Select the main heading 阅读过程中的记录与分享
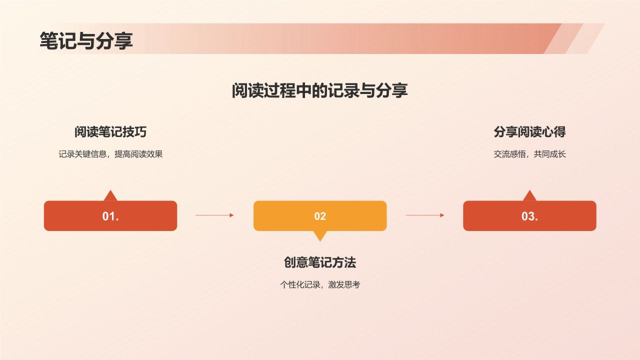click(319, 90)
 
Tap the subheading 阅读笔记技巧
click(110, 132)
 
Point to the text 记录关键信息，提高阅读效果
click(110, 154)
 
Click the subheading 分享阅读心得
click(529, 132)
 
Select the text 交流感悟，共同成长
click(529, 154)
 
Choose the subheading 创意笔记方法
click(320, 262)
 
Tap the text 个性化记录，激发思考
click(320, 285)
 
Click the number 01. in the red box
click(110, 216)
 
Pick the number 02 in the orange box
click(320, 216)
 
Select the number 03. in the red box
click(529, 216)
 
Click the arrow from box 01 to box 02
click(214, 215)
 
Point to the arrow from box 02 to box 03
click(425, 215)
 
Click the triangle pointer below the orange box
click(320, 235)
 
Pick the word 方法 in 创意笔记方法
click(344, 262)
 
